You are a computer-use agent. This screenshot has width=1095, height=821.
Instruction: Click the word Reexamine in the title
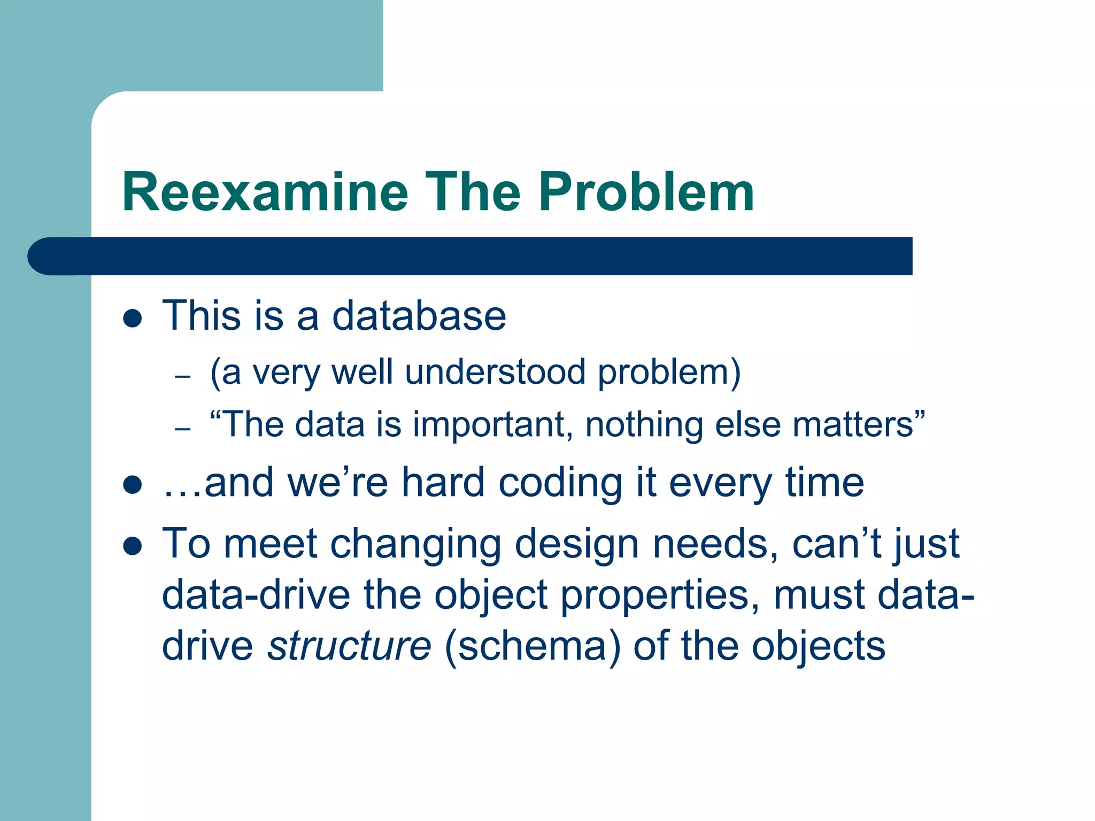[x=265, y=192]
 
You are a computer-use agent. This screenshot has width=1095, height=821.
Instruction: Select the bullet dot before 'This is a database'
[x=132, y=319]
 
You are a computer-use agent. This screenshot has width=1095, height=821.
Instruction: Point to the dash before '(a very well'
[x=183, y=376]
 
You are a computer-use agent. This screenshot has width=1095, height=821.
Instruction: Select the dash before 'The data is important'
[x=183, y=429]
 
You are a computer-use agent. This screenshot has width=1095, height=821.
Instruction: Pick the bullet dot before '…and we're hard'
[x=132, y=485]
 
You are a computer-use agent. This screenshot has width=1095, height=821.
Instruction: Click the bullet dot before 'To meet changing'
[x=132, y=546]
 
